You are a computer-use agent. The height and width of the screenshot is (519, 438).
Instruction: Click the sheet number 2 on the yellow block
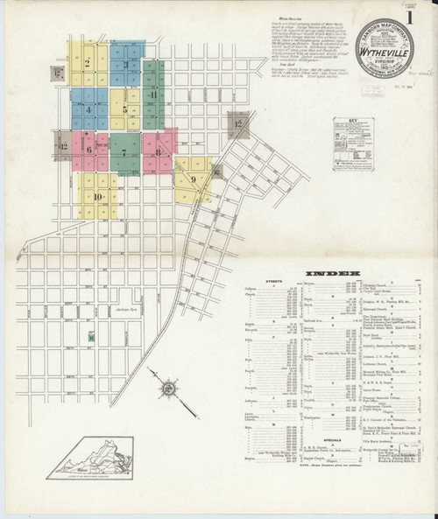pyautogui.click(x=88, y=63)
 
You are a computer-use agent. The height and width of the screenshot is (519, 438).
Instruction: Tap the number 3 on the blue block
pyautogui.click(x=126, y=65)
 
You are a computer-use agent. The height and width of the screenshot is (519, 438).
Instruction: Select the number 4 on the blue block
pyautogui.click(x=88, y=111)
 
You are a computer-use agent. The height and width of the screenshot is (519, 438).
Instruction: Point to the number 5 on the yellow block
pyautogui.click(x=125, y=110)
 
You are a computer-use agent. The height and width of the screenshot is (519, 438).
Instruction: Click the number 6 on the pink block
pyautogui.click(x=88, y=151)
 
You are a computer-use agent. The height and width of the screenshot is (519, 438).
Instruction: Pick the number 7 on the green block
pyautogui.click(x=124, y=153)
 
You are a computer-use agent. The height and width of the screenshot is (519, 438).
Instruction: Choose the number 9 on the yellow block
pyautogui.click(x=192, y=179)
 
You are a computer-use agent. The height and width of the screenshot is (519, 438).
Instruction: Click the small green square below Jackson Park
pyautogui.click(x=90, y=336)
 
